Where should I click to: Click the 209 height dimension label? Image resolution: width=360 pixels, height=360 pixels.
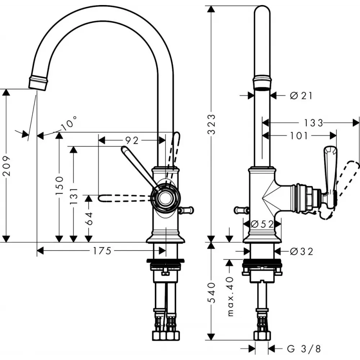6,166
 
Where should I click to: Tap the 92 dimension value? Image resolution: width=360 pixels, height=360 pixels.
132,140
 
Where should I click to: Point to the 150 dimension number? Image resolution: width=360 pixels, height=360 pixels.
59,185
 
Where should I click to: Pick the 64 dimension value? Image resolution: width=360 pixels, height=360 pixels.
89,219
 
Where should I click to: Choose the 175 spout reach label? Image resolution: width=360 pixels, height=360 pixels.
102,251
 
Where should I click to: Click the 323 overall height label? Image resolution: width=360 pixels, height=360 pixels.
211,124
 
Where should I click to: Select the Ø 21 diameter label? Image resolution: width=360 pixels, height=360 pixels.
301,95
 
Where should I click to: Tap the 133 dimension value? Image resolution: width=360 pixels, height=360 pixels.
314,123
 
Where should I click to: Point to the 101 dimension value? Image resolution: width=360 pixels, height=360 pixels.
299,136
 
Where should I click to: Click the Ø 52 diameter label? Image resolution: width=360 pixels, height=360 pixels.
262,224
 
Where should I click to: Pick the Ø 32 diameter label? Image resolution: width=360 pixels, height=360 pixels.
301,252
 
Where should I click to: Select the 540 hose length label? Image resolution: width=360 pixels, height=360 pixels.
211,293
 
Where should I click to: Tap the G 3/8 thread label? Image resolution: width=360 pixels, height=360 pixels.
304,349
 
